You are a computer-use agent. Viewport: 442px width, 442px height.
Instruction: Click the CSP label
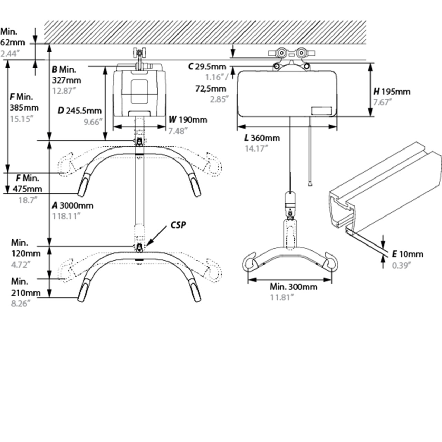(178, 225)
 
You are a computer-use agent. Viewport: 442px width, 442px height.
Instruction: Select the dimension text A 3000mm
(73, 205)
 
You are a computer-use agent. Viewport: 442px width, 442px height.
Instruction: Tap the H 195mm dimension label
(392, 92)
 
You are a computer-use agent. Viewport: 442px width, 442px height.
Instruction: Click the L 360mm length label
(262, 138)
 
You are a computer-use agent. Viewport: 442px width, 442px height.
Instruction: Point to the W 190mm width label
(188, 119)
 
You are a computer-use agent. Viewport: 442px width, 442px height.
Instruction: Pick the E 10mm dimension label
(407, 254)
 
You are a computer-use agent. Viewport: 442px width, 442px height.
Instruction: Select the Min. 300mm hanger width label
(293, 287)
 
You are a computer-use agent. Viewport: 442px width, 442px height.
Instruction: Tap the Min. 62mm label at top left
(12, 37)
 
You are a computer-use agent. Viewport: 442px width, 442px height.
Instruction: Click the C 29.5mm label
(207, 67)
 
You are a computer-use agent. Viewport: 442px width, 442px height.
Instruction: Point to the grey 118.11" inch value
(66, 216)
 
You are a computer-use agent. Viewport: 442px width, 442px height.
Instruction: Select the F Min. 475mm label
(28, 183)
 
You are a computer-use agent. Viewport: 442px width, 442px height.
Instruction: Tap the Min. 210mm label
(26, 287)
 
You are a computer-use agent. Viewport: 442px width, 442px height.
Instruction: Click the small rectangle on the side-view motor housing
(321, 111)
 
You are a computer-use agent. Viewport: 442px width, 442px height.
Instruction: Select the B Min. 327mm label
(66, 75)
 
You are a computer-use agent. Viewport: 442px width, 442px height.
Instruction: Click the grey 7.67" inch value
(383, 102)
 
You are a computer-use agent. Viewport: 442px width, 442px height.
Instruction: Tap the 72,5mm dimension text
(211, 89)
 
